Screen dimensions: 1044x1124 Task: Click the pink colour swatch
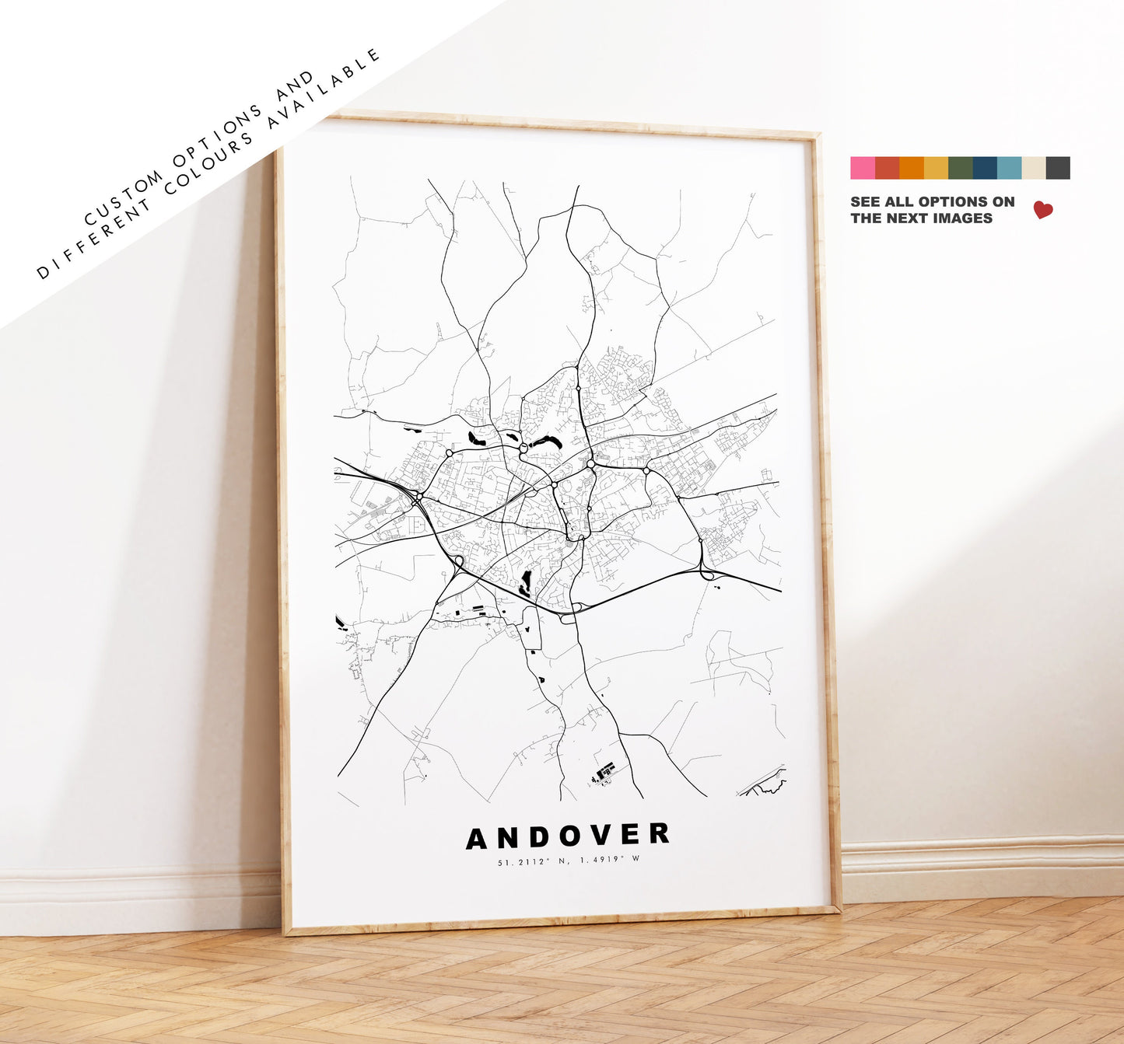point(862,168)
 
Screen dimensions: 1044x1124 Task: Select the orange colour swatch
point(911,168)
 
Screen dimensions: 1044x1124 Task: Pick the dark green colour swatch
point(960,168)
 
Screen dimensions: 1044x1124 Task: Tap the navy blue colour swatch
point(985,168)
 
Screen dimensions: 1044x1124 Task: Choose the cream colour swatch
point(1034,168)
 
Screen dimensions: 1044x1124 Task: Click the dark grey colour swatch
point(1058,168)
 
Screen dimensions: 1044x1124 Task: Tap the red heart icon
point(1043,210)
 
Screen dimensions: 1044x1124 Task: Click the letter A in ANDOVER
point(477,839)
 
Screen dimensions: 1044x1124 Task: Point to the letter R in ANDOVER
point(660,833)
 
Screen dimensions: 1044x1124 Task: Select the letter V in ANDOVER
point(601,836)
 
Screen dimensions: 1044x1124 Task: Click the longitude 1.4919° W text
point(609,860)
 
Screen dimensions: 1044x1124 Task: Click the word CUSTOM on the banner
point(124,198)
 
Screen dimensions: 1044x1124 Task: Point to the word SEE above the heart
point(865,202)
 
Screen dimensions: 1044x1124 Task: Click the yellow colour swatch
point(936,168)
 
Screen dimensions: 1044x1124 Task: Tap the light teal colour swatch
point(1009,168)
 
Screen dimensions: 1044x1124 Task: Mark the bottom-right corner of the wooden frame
point(839,907)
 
